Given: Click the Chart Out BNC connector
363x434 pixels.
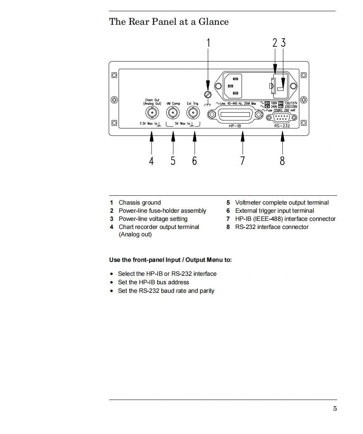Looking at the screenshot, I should tap(152, 113).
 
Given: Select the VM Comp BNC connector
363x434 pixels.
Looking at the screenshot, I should tap(173, 113).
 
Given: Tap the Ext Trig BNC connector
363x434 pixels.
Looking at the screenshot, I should tap(193, 113).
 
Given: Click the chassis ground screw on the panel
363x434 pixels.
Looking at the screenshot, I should tap(208, 94).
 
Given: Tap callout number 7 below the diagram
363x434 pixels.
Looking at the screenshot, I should tap(243, 161).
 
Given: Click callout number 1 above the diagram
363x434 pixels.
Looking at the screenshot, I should tap(208, 43).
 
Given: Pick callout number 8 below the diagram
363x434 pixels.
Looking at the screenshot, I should tap(282, 161).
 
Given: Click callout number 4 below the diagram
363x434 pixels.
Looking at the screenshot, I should tap(151, 161).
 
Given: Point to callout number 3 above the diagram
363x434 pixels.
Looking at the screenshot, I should tap(283, 43).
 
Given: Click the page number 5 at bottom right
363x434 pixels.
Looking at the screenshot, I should tap(335, 408).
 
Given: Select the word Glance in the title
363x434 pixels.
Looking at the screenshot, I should tap(213, 22).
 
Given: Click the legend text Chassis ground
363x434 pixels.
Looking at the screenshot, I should tap(140, 203).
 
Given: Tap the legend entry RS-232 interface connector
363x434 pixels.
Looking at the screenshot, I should tap(272, 227).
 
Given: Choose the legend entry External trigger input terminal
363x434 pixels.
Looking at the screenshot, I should tap(274, 211).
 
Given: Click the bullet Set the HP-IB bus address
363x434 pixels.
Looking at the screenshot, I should tap(153, 282).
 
